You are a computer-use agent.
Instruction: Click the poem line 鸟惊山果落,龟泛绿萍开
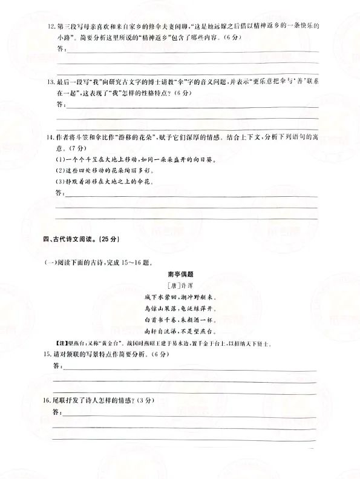click(x=180, y=309)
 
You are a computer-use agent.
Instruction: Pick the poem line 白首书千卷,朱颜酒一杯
click(x=180, y=320)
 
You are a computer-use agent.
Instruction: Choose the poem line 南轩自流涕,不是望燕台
click(x=180, y=332)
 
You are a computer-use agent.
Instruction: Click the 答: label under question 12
click(x=59, y=50)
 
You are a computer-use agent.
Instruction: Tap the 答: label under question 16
click(x=57, y=412)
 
